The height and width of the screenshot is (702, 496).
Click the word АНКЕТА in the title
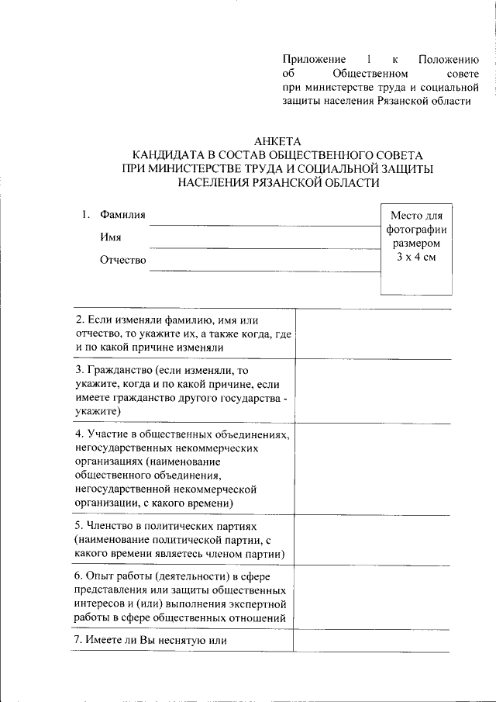click(277, 141)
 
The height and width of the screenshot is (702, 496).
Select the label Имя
click(110, 237)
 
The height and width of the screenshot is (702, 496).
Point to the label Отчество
click(122, 260)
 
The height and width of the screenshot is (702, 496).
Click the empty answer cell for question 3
click(374, 391)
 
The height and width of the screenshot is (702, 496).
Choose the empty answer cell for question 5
click(374, 540)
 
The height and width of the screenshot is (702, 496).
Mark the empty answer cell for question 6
click(374, 598)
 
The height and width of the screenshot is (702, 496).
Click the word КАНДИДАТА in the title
click(170, 155)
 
